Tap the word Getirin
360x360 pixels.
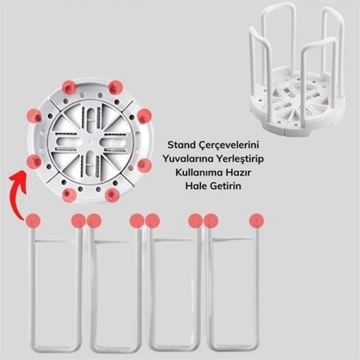click(x=226, y=186)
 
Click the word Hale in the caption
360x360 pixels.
click(x=196, y=186)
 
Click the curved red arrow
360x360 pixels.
click(x=18, y=193)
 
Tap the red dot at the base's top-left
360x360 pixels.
click(x=69, y=87)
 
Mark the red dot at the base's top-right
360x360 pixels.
click(x=116, y=87)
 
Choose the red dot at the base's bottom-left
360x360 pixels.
click(x=68, y=194)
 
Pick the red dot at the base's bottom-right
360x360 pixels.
click(x=112, y=195)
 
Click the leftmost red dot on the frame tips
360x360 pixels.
click(x=33, y=221)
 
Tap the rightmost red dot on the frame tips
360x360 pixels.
click(x=257, y=221)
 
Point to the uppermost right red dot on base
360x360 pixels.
click(x=116, y=87)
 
